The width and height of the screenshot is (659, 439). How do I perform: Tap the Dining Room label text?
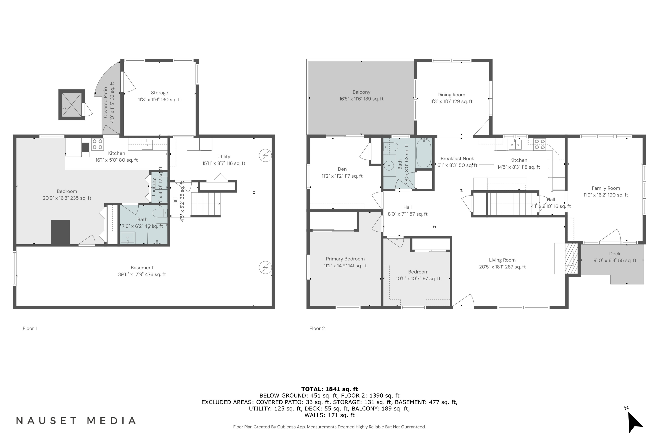point(451,95)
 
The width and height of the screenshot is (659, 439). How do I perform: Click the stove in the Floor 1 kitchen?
point(98,144)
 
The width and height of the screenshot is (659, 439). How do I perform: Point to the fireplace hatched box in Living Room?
point(571,258)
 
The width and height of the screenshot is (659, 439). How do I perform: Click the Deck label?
point(614,254)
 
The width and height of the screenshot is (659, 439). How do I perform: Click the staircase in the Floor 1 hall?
point(206,204)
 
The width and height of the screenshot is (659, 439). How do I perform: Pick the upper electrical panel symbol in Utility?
point(265,155)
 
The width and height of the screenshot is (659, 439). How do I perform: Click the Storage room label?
point(159,93)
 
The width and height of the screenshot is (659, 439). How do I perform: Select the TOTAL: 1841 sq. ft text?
point(329,389)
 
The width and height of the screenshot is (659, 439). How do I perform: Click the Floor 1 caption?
point(30,328)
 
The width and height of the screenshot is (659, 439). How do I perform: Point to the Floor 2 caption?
point(317,328)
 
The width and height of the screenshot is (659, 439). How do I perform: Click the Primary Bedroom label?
point(345,259)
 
